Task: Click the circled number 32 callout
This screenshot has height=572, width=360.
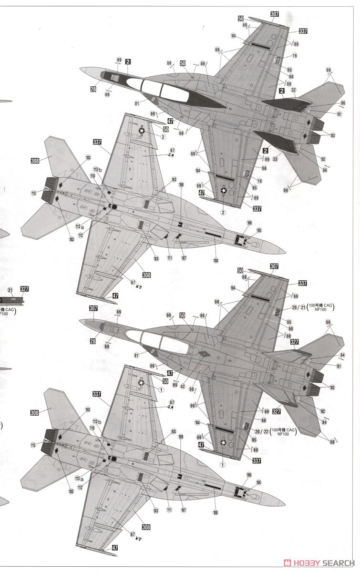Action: [x=294, y=89]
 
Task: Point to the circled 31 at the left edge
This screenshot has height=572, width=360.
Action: [x=10, y=289]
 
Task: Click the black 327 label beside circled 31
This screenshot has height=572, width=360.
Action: [x=25, y=289]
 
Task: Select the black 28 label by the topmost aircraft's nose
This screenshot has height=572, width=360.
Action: [x=93, y=89]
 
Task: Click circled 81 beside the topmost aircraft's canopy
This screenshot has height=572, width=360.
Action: [x=137, y=103]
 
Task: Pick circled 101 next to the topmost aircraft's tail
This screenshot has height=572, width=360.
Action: [x=339, y=114]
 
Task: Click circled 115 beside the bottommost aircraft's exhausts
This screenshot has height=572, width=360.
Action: [x=33, y=445]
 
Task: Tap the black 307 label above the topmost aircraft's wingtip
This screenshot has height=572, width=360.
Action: [x=274, y=14]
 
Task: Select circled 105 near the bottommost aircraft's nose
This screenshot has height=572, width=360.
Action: [x=259, y=483]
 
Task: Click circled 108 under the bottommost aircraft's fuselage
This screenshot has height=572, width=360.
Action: [x=216, y=512]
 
